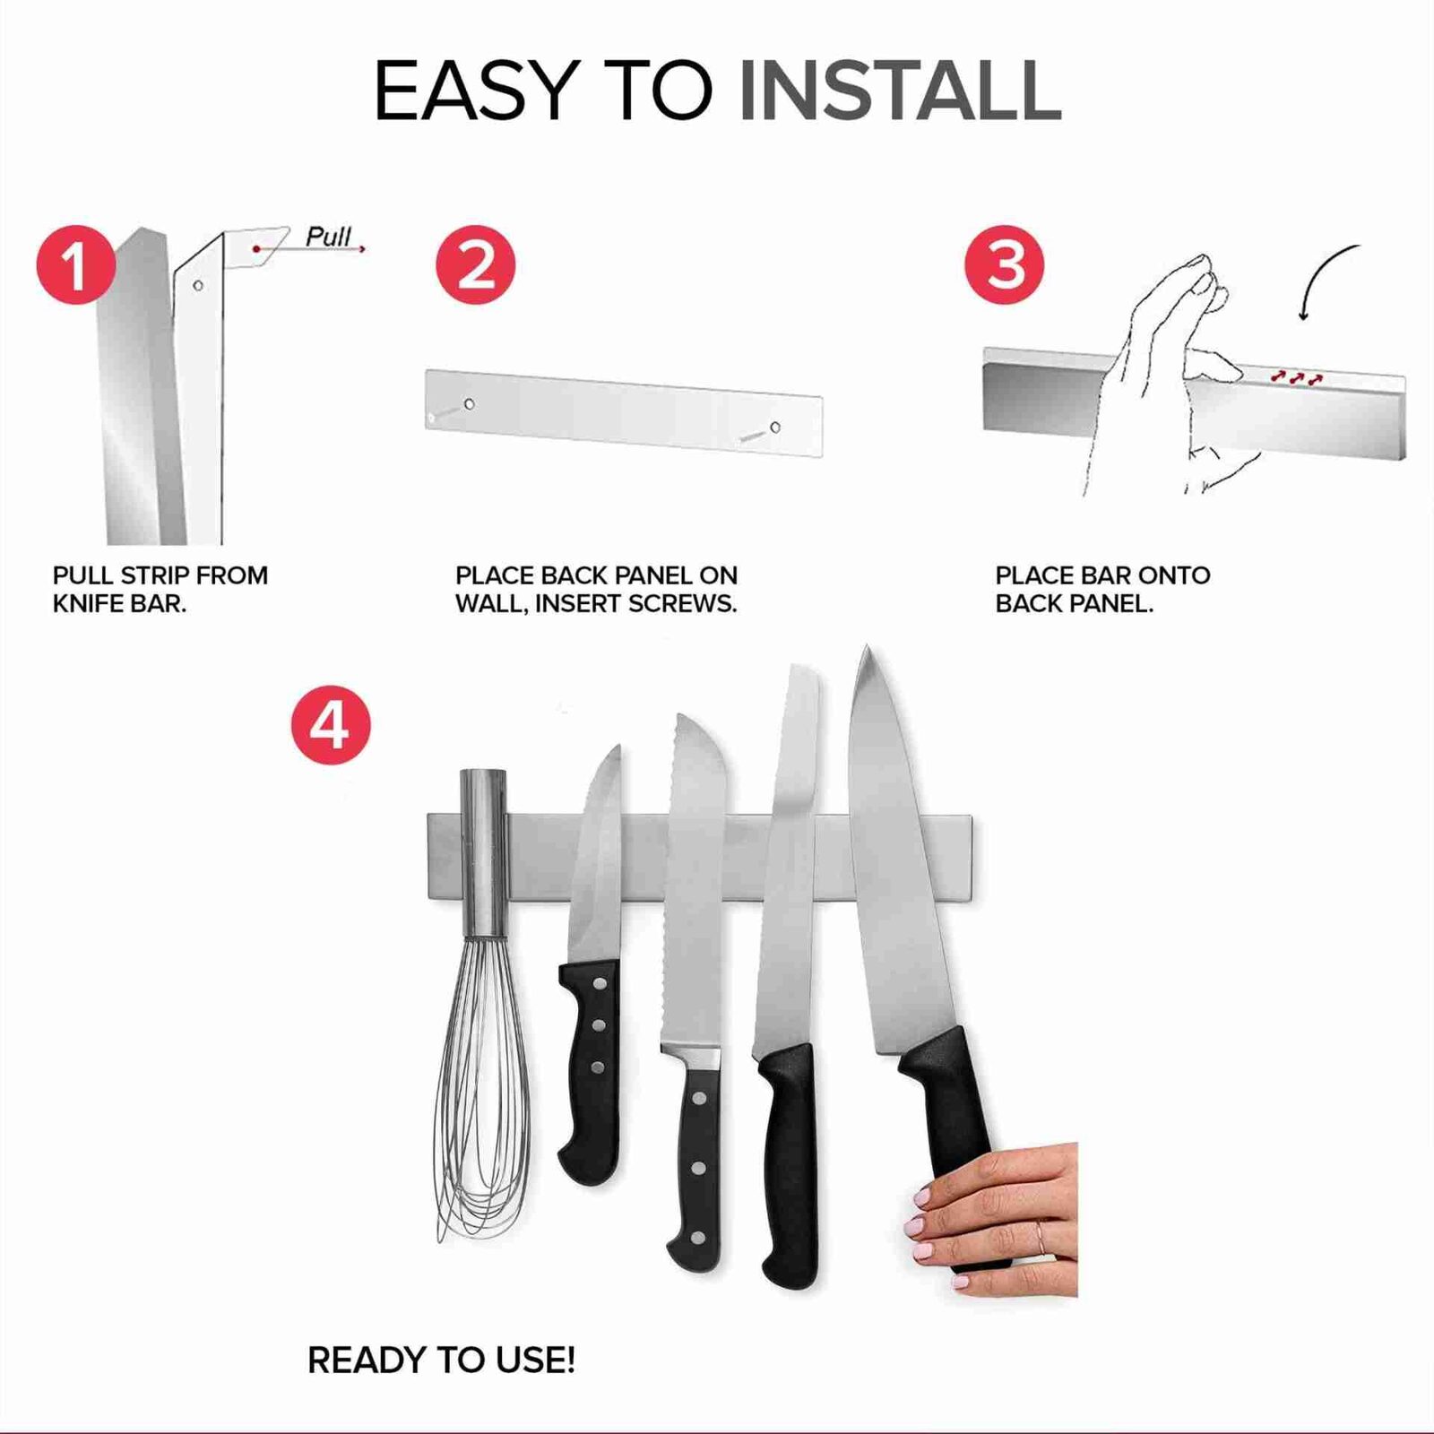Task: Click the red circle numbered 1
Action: (x=76, y=265)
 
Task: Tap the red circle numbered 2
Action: (x=475, y=265)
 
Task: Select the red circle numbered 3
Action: (x=1005, y=265)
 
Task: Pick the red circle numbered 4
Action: (x=331, y=725)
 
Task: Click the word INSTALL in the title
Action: (x=900, y=91)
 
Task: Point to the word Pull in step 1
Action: (x=328, y=236)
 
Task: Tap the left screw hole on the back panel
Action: (x=469, y=404)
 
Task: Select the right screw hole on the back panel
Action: (x=775, y=428)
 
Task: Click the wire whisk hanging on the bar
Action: (x=482, y=1004)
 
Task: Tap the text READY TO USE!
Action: (x=441, y=1361)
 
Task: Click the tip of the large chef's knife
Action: (x=864, y=646)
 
